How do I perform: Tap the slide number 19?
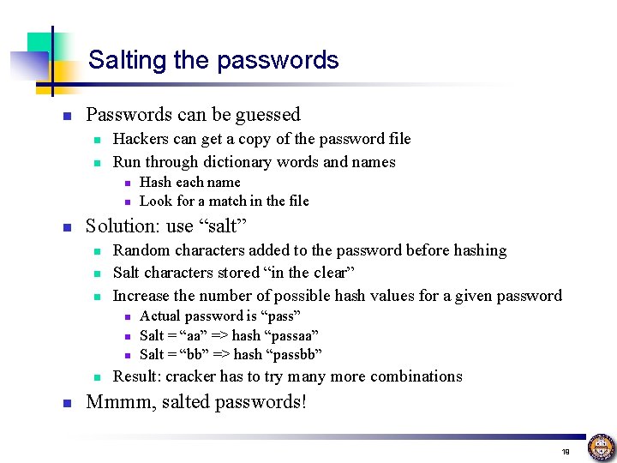click(x=566, y=451)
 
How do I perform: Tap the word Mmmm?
click(x=112, y=402)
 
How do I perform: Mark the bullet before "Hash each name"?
click(x=125, y=183)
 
